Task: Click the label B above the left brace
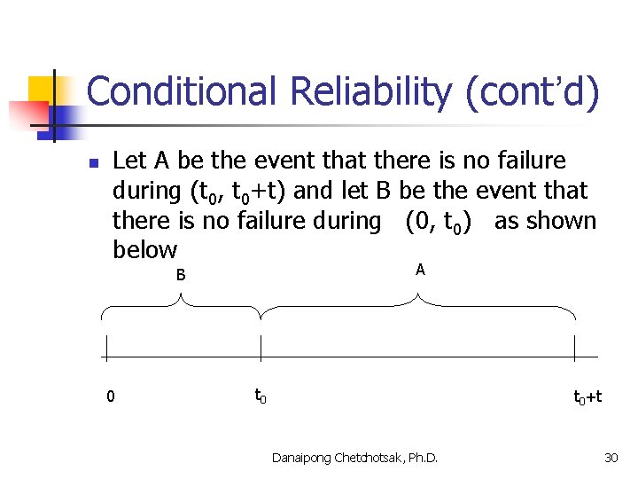tap(181, 275)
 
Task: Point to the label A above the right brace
tap(420, 270)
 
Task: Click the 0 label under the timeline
tap(110, 397)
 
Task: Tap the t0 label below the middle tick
tap(261, 396)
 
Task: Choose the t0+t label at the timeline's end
tap(587, 397)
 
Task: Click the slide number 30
tap(610, 457)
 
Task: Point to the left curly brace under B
tap(181, 309)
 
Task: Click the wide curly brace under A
tap(418, 309)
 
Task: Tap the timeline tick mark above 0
tap(105, 352)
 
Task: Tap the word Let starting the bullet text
tap(130, 161)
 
